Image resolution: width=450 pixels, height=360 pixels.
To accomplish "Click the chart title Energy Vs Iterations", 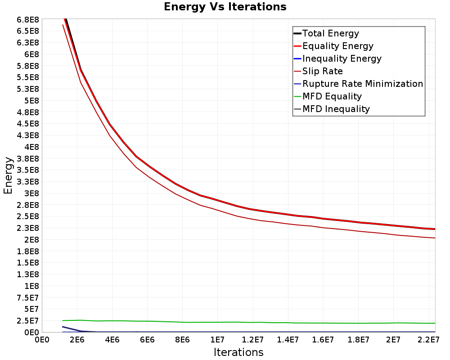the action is click(x=225, y=7).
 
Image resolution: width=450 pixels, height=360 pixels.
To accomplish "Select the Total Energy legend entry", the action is click(x=326, y=33).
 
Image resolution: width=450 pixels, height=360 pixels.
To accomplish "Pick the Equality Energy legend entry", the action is click(x=334, y=46).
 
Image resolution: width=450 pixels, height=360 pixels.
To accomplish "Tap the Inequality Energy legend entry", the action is click(x=338, y=58).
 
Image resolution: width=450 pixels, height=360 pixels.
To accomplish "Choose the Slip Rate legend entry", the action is click(x=318, y=71).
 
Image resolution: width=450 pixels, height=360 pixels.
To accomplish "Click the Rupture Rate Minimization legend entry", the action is click(x=359, y=84).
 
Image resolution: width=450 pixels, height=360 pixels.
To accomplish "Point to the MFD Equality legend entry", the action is click(x=328, y=96).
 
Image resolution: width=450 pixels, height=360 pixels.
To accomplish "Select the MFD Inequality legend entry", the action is click(x=332, y=109).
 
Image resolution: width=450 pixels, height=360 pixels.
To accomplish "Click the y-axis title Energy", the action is click(x=8, y=175).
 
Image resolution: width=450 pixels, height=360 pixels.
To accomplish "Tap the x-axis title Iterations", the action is click(x=238, y=352).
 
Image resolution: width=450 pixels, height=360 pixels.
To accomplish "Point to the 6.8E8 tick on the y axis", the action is click(x=28, y=19).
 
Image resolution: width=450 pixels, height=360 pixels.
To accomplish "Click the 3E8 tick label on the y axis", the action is click(x=31, y=193).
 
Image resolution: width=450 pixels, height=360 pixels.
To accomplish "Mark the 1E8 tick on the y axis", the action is click(x=31, y=286).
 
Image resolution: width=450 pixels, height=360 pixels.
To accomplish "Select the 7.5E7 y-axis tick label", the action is click(x=28, y=298).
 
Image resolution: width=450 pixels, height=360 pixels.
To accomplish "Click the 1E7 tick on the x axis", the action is click(x=217, y=340).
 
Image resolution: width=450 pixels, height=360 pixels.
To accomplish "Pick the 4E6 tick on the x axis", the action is click(x=112, y=340).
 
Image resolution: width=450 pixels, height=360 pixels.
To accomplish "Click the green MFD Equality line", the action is click(x=249, y=322).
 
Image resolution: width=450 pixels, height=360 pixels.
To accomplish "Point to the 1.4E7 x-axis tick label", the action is click(x=288, y=340).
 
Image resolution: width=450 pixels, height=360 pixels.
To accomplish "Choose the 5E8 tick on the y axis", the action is click(x=31, y=100).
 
